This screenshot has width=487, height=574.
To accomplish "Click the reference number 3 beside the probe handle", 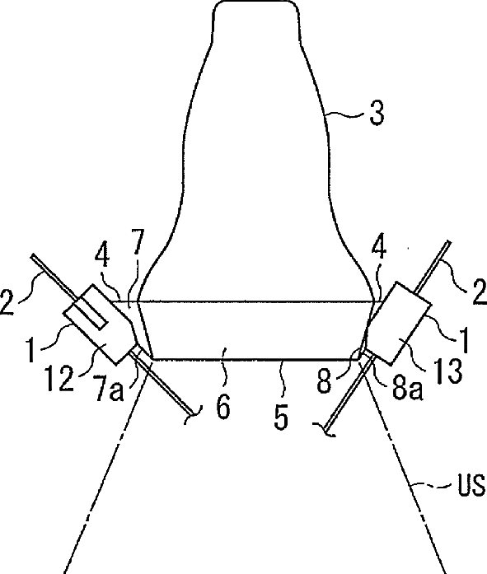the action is tap(377, 113).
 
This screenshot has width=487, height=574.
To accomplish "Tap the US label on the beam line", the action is tap(471, 485).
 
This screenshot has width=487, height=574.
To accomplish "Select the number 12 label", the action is tap(59, 379).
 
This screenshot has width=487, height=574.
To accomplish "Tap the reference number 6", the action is tap(223, 406).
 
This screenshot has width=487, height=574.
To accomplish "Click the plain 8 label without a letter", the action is tap(325, 381).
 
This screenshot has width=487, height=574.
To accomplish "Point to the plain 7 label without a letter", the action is tap(138, 241).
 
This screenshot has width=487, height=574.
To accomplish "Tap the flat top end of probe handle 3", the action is tap(255, 2).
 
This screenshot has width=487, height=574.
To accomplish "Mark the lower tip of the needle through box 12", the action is tap(193, 414).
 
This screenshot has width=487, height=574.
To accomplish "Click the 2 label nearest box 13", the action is tap(479, 292).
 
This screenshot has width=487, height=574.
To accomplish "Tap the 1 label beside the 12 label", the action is tap(32, 350).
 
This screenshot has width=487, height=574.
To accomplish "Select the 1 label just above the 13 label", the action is tap(464, 340).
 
